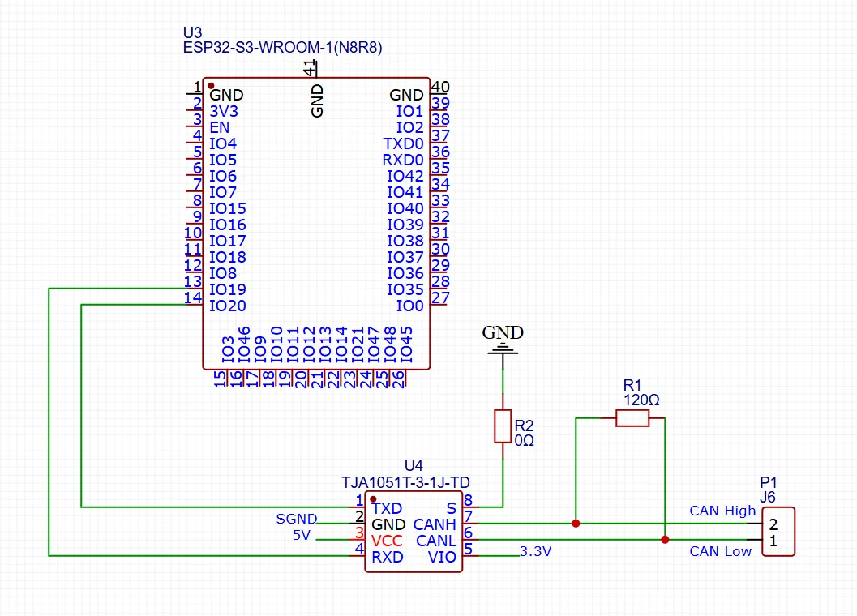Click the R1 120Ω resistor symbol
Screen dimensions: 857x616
[632, 418]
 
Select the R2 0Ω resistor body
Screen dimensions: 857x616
[503, 426]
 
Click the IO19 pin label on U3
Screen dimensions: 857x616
[227, 289]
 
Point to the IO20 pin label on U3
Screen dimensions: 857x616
[227, 306]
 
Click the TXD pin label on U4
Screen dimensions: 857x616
[387, 508]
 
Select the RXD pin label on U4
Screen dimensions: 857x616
[387, 557]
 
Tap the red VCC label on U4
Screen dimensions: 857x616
[388, 541]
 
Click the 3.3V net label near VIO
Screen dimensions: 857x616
[535, 552]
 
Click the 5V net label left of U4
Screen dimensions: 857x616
[301, 536]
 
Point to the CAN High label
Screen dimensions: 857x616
[722, 511]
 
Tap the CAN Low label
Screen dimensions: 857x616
[721, 552]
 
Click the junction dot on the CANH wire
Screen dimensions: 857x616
[576, 524]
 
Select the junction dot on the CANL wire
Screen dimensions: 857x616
[665, 540]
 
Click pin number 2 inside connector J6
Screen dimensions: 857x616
[773, 524]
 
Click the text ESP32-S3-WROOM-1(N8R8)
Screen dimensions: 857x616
[283, 49]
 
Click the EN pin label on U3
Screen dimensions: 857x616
[219, 127]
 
